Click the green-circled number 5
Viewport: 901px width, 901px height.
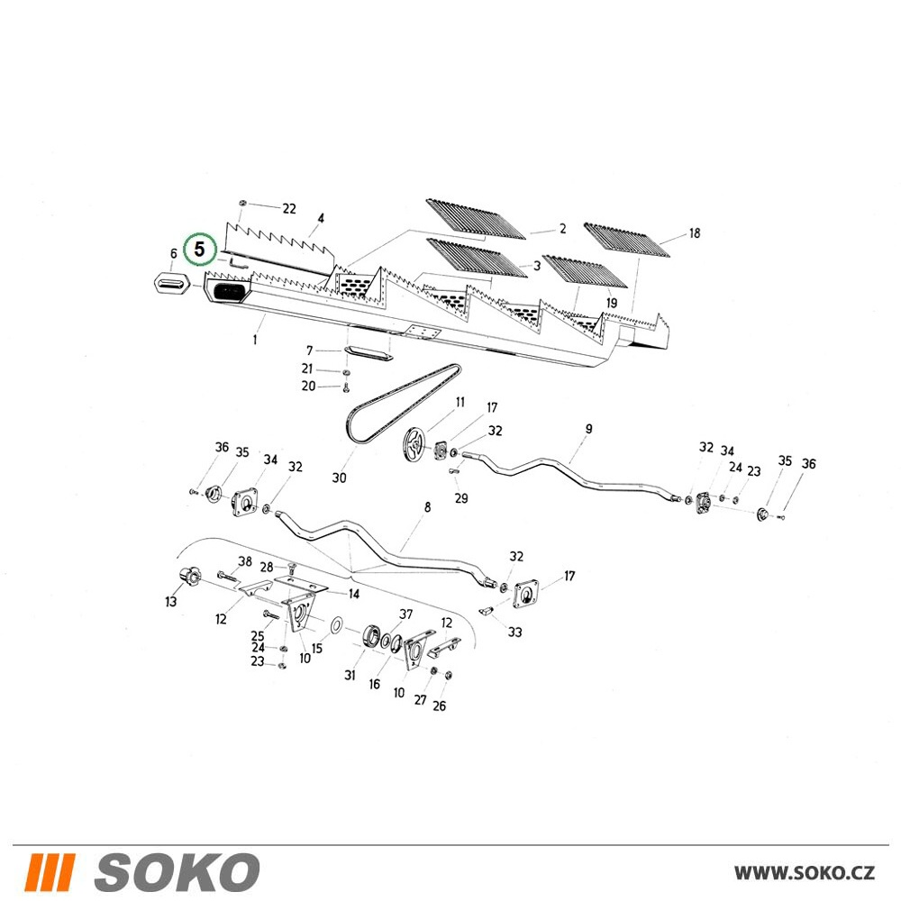click(199, 250)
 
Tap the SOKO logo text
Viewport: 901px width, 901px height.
click(177, 872)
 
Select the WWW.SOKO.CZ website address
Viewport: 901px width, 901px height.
click(805, 872)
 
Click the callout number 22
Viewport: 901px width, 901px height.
click(289, 209)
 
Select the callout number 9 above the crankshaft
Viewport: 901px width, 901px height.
click(589, 429)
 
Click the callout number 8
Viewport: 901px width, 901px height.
click(427, 507)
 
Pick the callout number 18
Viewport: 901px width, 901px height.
click(694, 233)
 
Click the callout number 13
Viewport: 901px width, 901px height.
click(170, 602)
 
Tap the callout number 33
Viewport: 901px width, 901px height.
click(514, 633)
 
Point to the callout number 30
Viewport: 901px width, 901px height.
click(339, 478)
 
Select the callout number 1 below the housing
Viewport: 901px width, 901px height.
click(255, 340)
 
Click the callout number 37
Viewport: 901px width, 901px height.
click(406, 614)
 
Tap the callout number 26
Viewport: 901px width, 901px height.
click(439, 705)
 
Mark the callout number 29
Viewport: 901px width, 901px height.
click(461, 498)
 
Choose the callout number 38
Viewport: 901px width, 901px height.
click(245, 561)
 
